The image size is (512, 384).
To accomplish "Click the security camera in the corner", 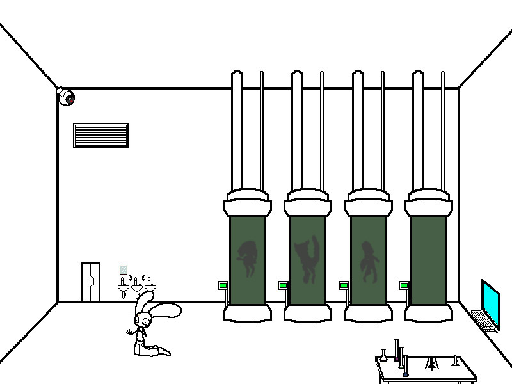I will (x=65, y=97).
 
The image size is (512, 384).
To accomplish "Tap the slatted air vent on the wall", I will (x=100, y=135).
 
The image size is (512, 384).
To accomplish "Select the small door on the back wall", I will (x=90, y=282).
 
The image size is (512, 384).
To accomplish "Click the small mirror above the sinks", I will (x=124, y=270).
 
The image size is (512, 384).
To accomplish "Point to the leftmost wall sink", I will (x=123, y=287).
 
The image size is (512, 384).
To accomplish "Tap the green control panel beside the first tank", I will (x=223, y=285).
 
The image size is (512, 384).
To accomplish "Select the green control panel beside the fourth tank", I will (x=404, y=285).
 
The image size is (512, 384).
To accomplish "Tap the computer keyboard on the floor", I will (x=484, y=321).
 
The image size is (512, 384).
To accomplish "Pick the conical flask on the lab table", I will (x=383, y=356).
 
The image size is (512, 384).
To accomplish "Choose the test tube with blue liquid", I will (x=404, y=366).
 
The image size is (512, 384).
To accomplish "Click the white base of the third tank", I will (x=368, y=312).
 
